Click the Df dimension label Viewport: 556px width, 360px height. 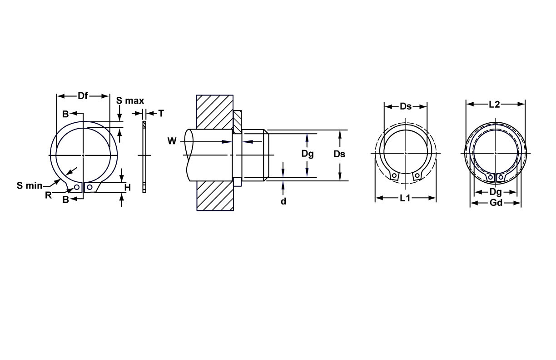[83, 96]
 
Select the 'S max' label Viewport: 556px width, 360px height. [130, 100]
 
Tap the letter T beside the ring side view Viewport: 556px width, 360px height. [160, 113]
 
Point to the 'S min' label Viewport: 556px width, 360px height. [30, 185]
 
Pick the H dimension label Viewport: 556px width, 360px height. [128, 187]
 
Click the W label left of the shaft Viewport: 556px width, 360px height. [172, 141]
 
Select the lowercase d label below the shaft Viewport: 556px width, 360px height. [283, 201]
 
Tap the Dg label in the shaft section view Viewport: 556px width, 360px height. [308, 154]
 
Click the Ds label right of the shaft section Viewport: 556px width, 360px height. [339, 154]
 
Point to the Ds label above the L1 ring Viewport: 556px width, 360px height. [406, 106]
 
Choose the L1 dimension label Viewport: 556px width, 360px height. [405, 198]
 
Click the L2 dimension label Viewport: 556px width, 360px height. [494, 105]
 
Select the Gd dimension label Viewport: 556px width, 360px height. [496, 203]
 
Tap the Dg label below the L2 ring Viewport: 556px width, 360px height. [496, 192]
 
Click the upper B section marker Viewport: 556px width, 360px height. [65, 114]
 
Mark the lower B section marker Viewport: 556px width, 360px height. [65, 199]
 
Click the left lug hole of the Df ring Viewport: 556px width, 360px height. [77, 187]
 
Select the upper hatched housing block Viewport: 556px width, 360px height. [215, 111]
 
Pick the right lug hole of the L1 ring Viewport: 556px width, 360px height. [417, 175]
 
